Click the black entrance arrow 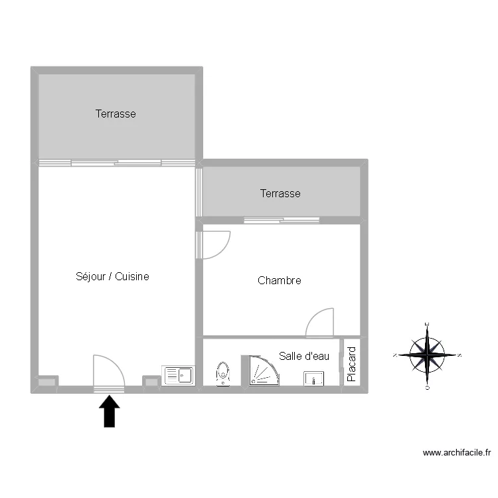[110, 412]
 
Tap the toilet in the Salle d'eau [223, 373]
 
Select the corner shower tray [264, 371]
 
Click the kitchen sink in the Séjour [177, 375]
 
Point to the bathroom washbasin [313, 378]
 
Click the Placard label [352, 363]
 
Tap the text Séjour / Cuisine [112, 276]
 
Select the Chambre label [279, 281]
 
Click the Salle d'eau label [304, 356]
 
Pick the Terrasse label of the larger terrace [116, 114]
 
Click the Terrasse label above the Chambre [280, 194]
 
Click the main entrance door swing [108, 372]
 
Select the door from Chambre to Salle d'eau [320, 323]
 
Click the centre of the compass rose [427, 355]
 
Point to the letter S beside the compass [459, 355]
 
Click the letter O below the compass [427, 387]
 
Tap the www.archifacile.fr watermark [457, 453]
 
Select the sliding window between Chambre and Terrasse [282, 220]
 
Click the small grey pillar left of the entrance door [46, 382]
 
